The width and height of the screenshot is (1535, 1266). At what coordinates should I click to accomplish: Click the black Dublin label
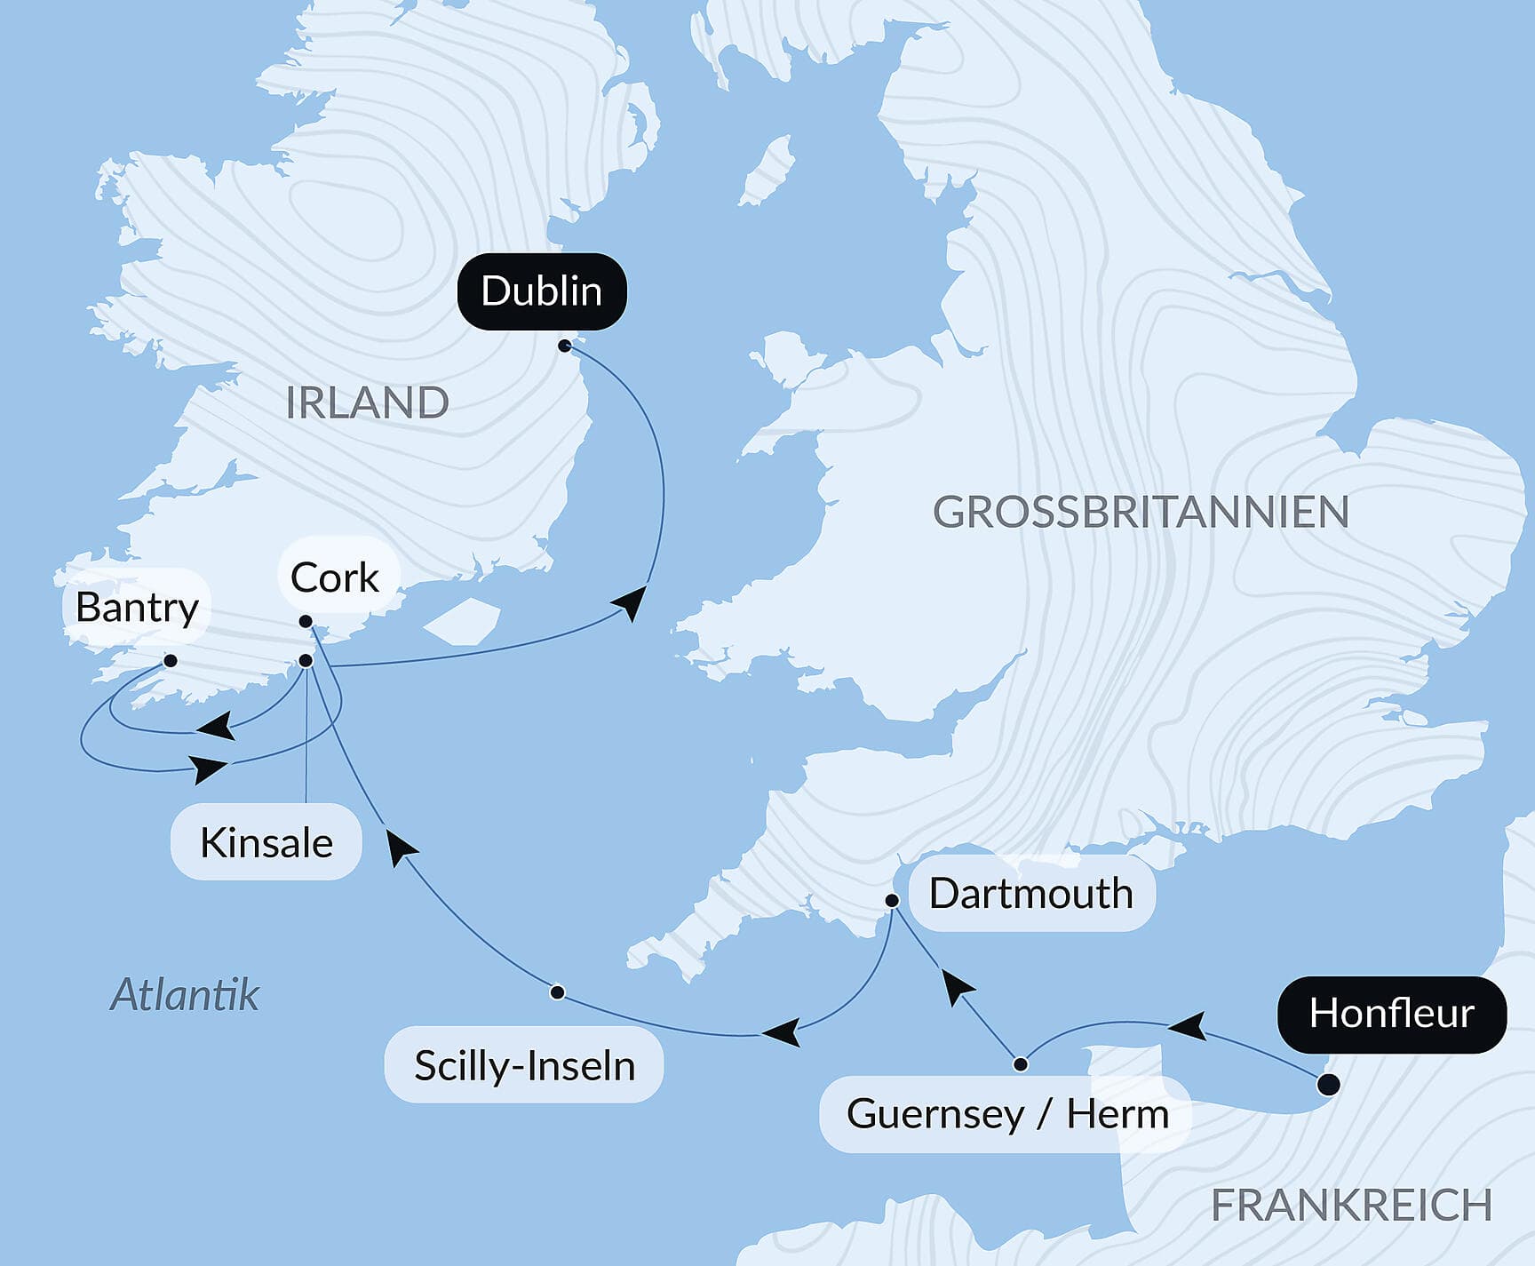click(x=542, y=291)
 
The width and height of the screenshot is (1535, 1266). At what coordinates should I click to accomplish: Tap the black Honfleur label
click(x=1391, y=1014)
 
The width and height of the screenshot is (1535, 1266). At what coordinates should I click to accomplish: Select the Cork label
click(x=335, y=577)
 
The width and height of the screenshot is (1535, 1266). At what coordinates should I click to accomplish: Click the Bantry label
click(x=137, y=607)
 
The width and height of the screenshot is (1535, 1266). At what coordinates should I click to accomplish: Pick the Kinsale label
click(x=266, y=842)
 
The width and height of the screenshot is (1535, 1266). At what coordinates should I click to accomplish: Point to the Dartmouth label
click(x=1030, y=893)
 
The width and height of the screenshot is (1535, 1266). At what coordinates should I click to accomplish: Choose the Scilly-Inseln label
click(x=524, y=1065)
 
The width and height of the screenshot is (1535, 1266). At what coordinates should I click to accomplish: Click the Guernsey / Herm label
click(x=1006, y=1113)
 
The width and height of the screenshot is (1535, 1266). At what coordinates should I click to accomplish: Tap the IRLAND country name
click(x=367, y=402)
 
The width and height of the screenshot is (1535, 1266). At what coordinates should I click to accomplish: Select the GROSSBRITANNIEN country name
click(x=1141, y=512)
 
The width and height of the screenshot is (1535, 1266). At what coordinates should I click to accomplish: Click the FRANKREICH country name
click(x=1351, y=1206)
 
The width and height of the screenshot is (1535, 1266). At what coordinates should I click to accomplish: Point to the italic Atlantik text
click(x=185, y=994)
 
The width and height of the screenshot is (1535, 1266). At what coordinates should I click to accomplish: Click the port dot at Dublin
click(x=565, y=346)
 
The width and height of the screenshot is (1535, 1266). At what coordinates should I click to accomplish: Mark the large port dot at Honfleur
click(x=1328, y=1085)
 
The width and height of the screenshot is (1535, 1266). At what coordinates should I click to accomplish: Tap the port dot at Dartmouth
click(x=893, y=901)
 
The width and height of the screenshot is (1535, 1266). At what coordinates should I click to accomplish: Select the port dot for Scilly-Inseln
click(x=557, y=992)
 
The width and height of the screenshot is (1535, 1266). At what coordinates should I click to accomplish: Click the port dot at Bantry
click(x=171, y=661)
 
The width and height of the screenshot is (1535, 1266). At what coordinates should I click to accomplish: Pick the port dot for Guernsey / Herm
click(x=1021, y=1064)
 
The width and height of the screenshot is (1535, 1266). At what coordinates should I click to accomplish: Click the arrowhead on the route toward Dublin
click(x=631, y=601)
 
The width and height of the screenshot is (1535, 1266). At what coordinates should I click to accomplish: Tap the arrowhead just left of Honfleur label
click(x=1188, y=1026)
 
